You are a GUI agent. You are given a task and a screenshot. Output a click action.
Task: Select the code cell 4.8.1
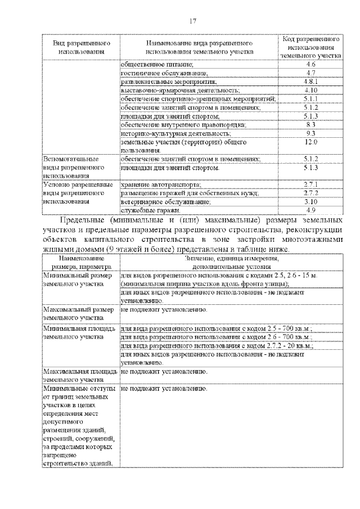point(310,82)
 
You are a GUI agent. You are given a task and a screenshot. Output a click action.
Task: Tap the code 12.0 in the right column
point(310,142)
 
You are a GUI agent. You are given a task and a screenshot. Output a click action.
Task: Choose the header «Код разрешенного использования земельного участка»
point(310,48)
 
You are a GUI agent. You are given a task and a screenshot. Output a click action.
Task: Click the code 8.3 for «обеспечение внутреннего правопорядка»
point(310,124)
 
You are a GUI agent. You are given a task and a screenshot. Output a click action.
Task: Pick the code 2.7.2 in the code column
point(310,193)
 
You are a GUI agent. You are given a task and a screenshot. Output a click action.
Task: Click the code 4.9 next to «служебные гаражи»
point(310,210)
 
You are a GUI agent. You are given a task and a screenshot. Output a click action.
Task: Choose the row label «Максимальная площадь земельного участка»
point(79,376)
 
